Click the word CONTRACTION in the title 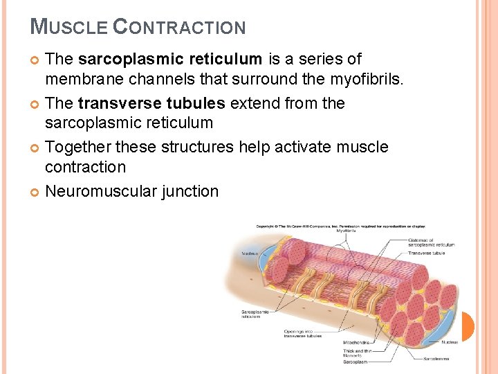(179, 27)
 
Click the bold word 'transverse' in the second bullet (120, 104)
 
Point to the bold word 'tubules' (196, 104)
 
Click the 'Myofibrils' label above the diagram (347, 231)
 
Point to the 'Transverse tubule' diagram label (426, 253)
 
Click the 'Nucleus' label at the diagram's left (249, 253)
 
